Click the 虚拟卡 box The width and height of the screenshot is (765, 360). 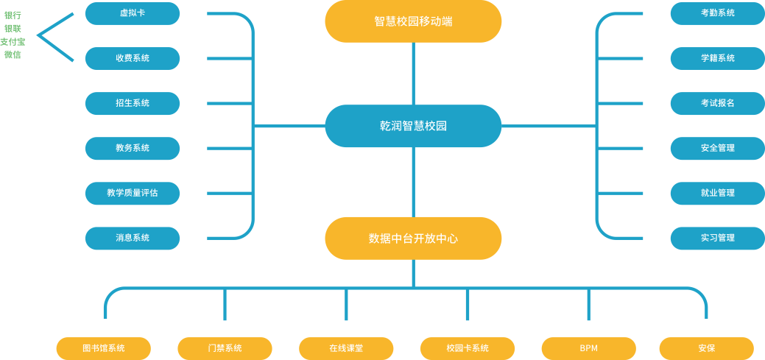click(x=133, y=13)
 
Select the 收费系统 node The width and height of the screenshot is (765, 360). click(x=133, y=58)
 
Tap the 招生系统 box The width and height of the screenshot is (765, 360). click(x=133, y=103)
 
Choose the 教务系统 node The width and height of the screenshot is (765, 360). click(x=133, y=148)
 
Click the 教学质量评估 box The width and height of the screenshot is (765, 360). click(x=133, y=193)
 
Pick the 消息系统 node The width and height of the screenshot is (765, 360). click(x=133, y=238)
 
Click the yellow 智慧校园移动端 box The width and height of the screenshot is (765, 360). click(x=413, y=21)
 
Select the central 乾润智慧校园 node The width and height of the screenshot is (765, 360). click(x=413, y=126)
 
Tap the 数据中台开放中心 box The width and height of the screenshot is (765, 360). click(x=413, y=238)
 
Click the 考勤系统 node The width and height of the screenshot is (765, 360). click(x=717, y=13)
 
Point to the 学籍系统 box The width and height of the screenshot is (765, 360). click(x=717, y=58)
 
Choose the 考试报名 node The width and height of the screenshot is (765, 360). click(x=717, y=103)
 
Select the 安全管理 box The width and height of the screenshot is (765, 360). click(x=717, y=148)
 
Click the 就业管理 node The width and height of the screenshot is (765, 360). click(x=717, y=193)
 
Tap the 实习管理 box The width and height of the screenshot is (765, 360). click(x=717, y=238)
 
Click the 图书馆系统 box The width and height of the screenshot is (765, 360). click(x=104, y=348)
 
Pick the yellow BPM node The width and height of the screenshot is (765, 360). click(x=588, y=348)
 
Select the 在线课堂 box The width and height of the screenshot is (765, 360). click(x=346, y=348)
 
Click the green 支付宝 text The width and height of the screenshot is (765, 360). click(x=13, y=41)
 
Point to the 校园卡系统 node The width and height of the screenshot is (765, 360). click(x=468, y=348)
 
